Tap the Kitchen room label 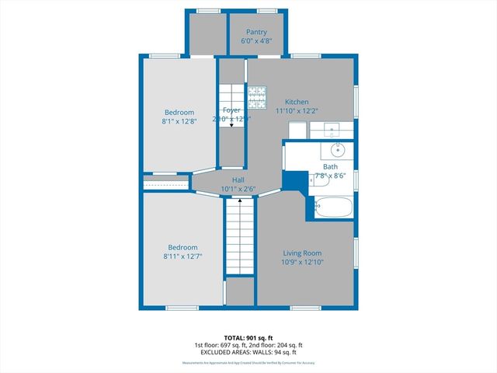pyautogui.click(x=297, y=102)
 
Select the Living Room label pyautogui.click(x=302, y=253)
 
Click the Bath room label pyautogui.click(x=331, y=166)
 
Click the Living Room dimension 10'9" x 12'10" pyautogui.click(x=302, y=263)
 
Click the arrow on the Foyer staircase pyautogui.click(x=231, y=124)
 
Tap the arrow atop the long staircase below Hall pyautogui.click(x=240, y=200)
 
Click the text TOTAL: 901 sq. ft pyautogui.click(x=248, y=336)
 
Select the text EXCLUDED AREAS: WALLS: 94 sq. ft pyautogui.click(x=248, y=353)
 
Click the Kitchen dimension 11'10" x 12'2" pyautogui.click(x=297, y=110)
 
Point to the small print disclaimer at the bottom pyautogui.click(x=248, y=363)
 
